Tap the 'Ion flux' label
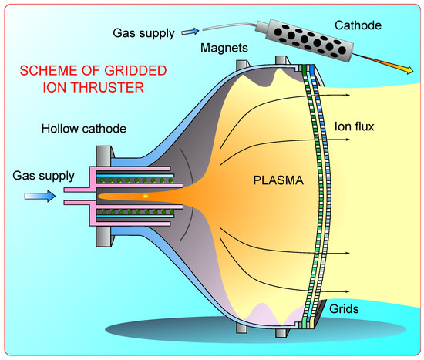click(x=354, y=126)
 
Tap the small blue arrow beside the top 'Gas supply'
click(x=190, y=32)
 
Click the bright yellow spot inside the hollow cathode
click(x=144, y=197)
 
